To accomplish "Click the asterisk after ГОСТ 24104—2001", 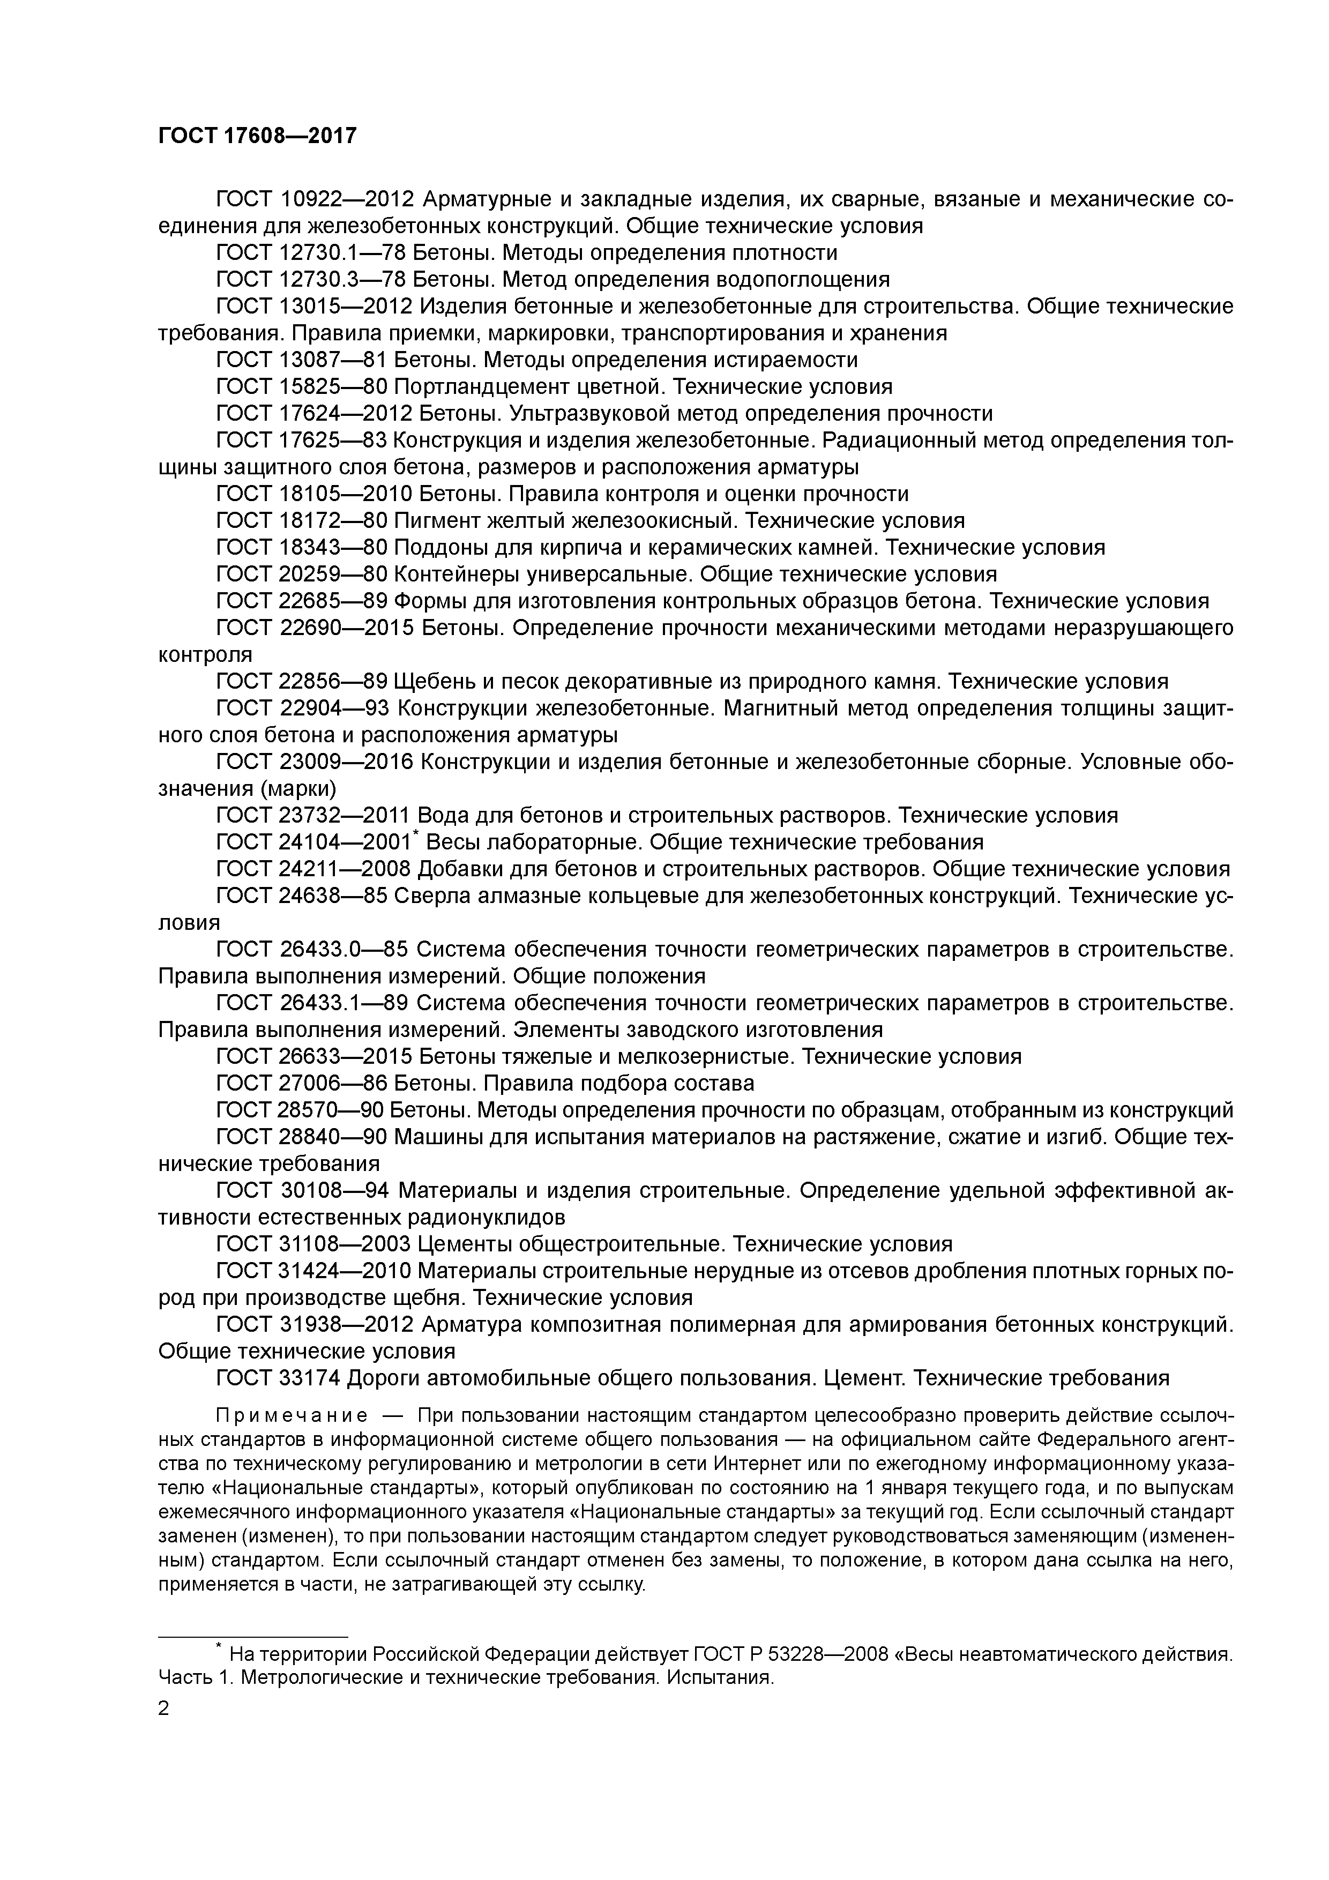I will (x=416, y=833).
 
